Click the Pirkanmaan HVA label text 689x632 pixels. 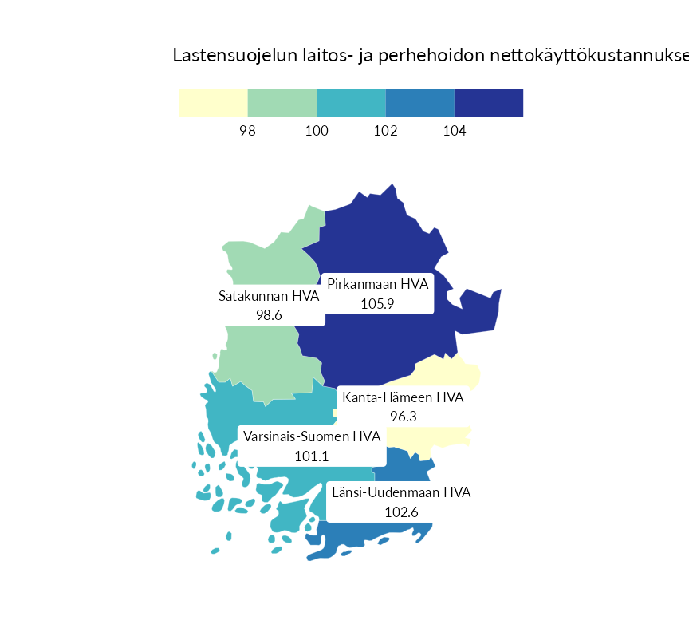(x=378, y=285)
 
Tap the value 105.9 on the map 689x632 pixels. (x=378, y=303)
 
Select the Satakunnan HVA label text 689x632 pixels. (x=269, y=296)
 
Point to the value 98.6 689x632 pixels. (x=269, y=315)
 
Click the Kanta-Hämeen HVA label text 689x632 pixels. (x=403, y=397)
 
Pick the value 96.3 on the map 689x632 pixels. (x=404, y=417)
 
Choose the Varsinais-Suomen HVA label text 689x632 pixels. (x=312, y=437)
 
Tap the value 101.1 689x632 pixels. (x=312, y=456)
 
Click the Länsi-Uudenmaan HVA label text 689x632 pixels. (x=401, y=492)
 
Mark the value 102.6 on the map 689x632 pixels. (x=401, y=512)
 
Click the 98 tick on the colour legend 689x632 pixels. (x=247, y=131)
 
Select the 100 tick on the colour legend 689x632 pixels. (x=317, y=131)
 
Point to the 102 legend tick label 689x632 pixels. (x=385, y=131)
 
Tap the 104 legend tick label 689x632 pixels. (x=454, y=131)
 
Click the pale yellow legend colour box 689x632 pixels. (x=213, y=103)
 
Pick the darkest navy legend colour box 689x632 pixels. (x=489, y=103)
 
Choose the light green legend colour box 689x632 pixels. (x=282, y=103)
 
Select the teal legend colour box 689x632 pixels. (x=351, y=103)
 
